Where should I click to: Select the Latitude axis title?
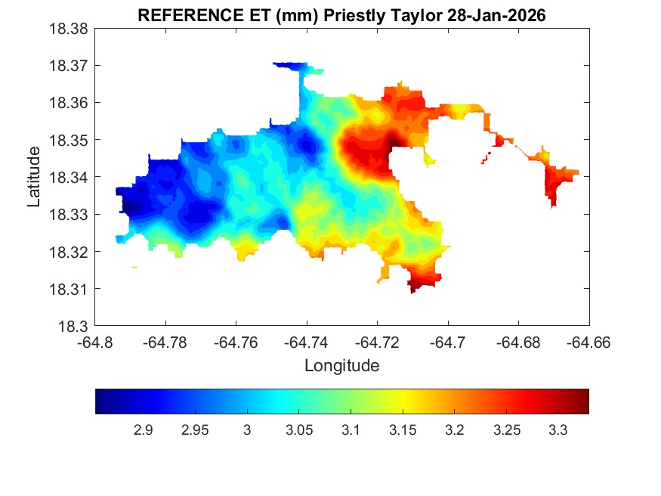click(x=34, y=177)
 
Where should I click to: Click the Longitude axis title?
click(x=341, y=366)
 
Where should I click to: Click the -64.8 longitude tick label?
click(x=96, y=342)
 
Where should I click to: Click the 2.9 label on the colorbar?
click(x=143, y=430)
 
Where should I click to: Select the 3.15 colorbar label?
click(x=403, y=430)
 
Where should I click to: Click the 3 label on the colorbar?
click(x=246, y=430)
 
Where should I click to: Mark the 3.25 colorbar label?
click(x=506, y=430)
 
